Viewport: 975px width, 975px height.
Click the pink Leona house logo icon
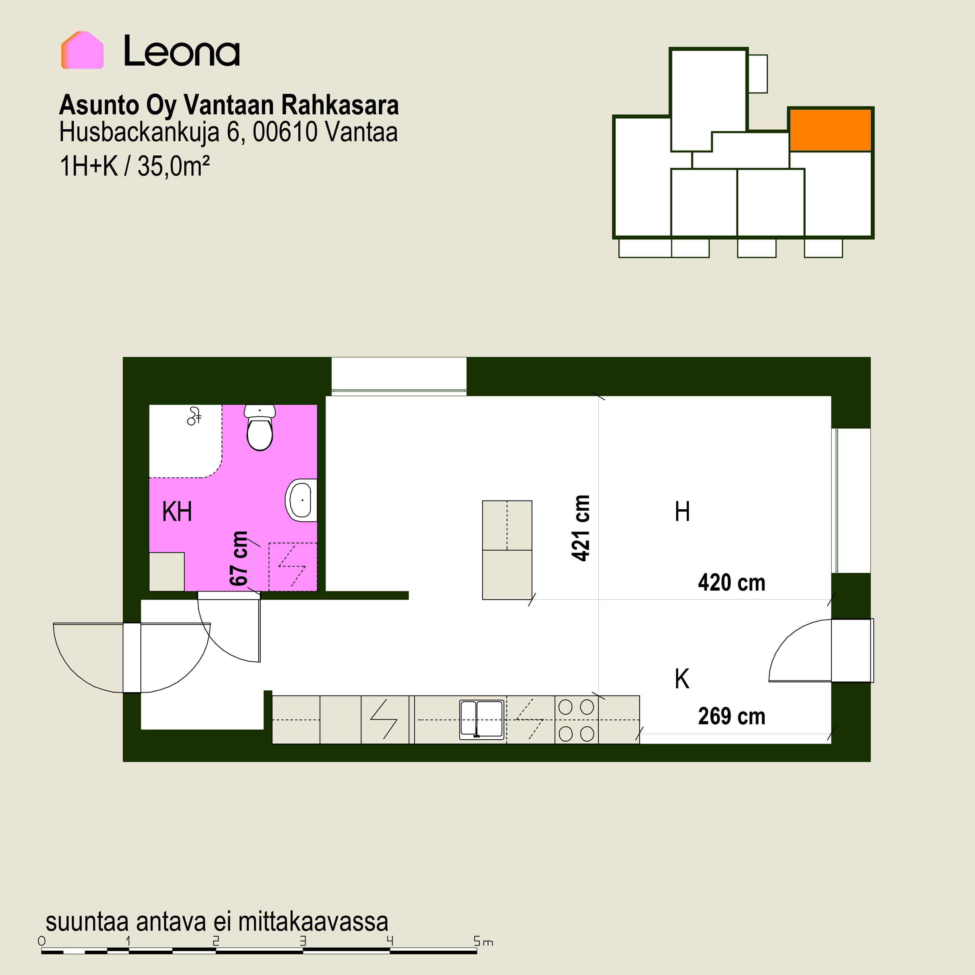[x=82, y=50]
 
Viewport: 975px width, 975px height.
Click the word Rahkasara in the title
[x=340, y=105]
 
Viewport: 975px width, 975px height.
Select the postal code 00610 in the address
[x=285, y=132]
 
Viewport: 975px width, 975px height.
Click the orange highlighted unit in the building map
[x=830, y=130]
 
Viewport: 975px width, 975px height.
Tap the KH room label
[x=177, y=512]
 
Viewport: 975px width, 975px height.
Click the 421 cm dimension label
[x=581, y=528]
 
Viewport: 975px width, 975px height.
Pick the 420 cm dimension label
[x=731, y=583]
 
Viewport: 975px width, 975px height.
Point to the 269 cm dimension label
[x=731, y=717]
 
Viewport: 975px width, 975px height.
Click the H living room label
[x=682, y=512]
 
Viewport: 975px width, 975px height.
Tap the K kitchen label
[x=682, y=679]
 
